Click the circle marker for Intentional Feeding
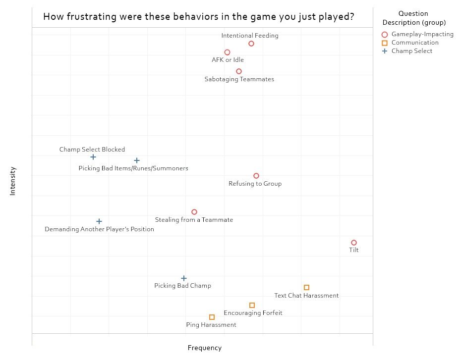point(251,44)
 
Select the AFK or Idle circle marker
point(227,52)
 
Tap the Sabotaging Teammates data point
point(239,71)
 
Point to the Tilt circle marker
point(354,243)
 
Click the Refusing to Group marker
point(256,176)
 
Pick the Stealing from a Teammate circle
point(194,212)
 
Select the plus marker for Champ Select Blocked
point(93,157)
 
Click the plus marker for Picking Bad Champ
point(184,278)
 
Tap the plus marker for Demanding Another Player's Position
point(99,221)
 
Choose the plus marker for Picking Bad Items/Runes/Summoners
point(137,160)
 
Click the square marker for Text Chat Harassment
point(306,287)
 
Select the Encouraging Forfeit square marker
point(252,305)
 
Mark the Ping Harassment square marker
point(212,317)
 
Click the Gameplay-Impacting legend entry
point(422,34)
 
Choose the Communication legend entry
point(414,43)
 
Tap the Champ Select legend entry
point(411,51)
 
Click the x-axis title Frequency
point(204,348)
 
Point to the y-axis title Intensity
point(13,181)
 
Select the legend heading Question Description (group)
point(413,18)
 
